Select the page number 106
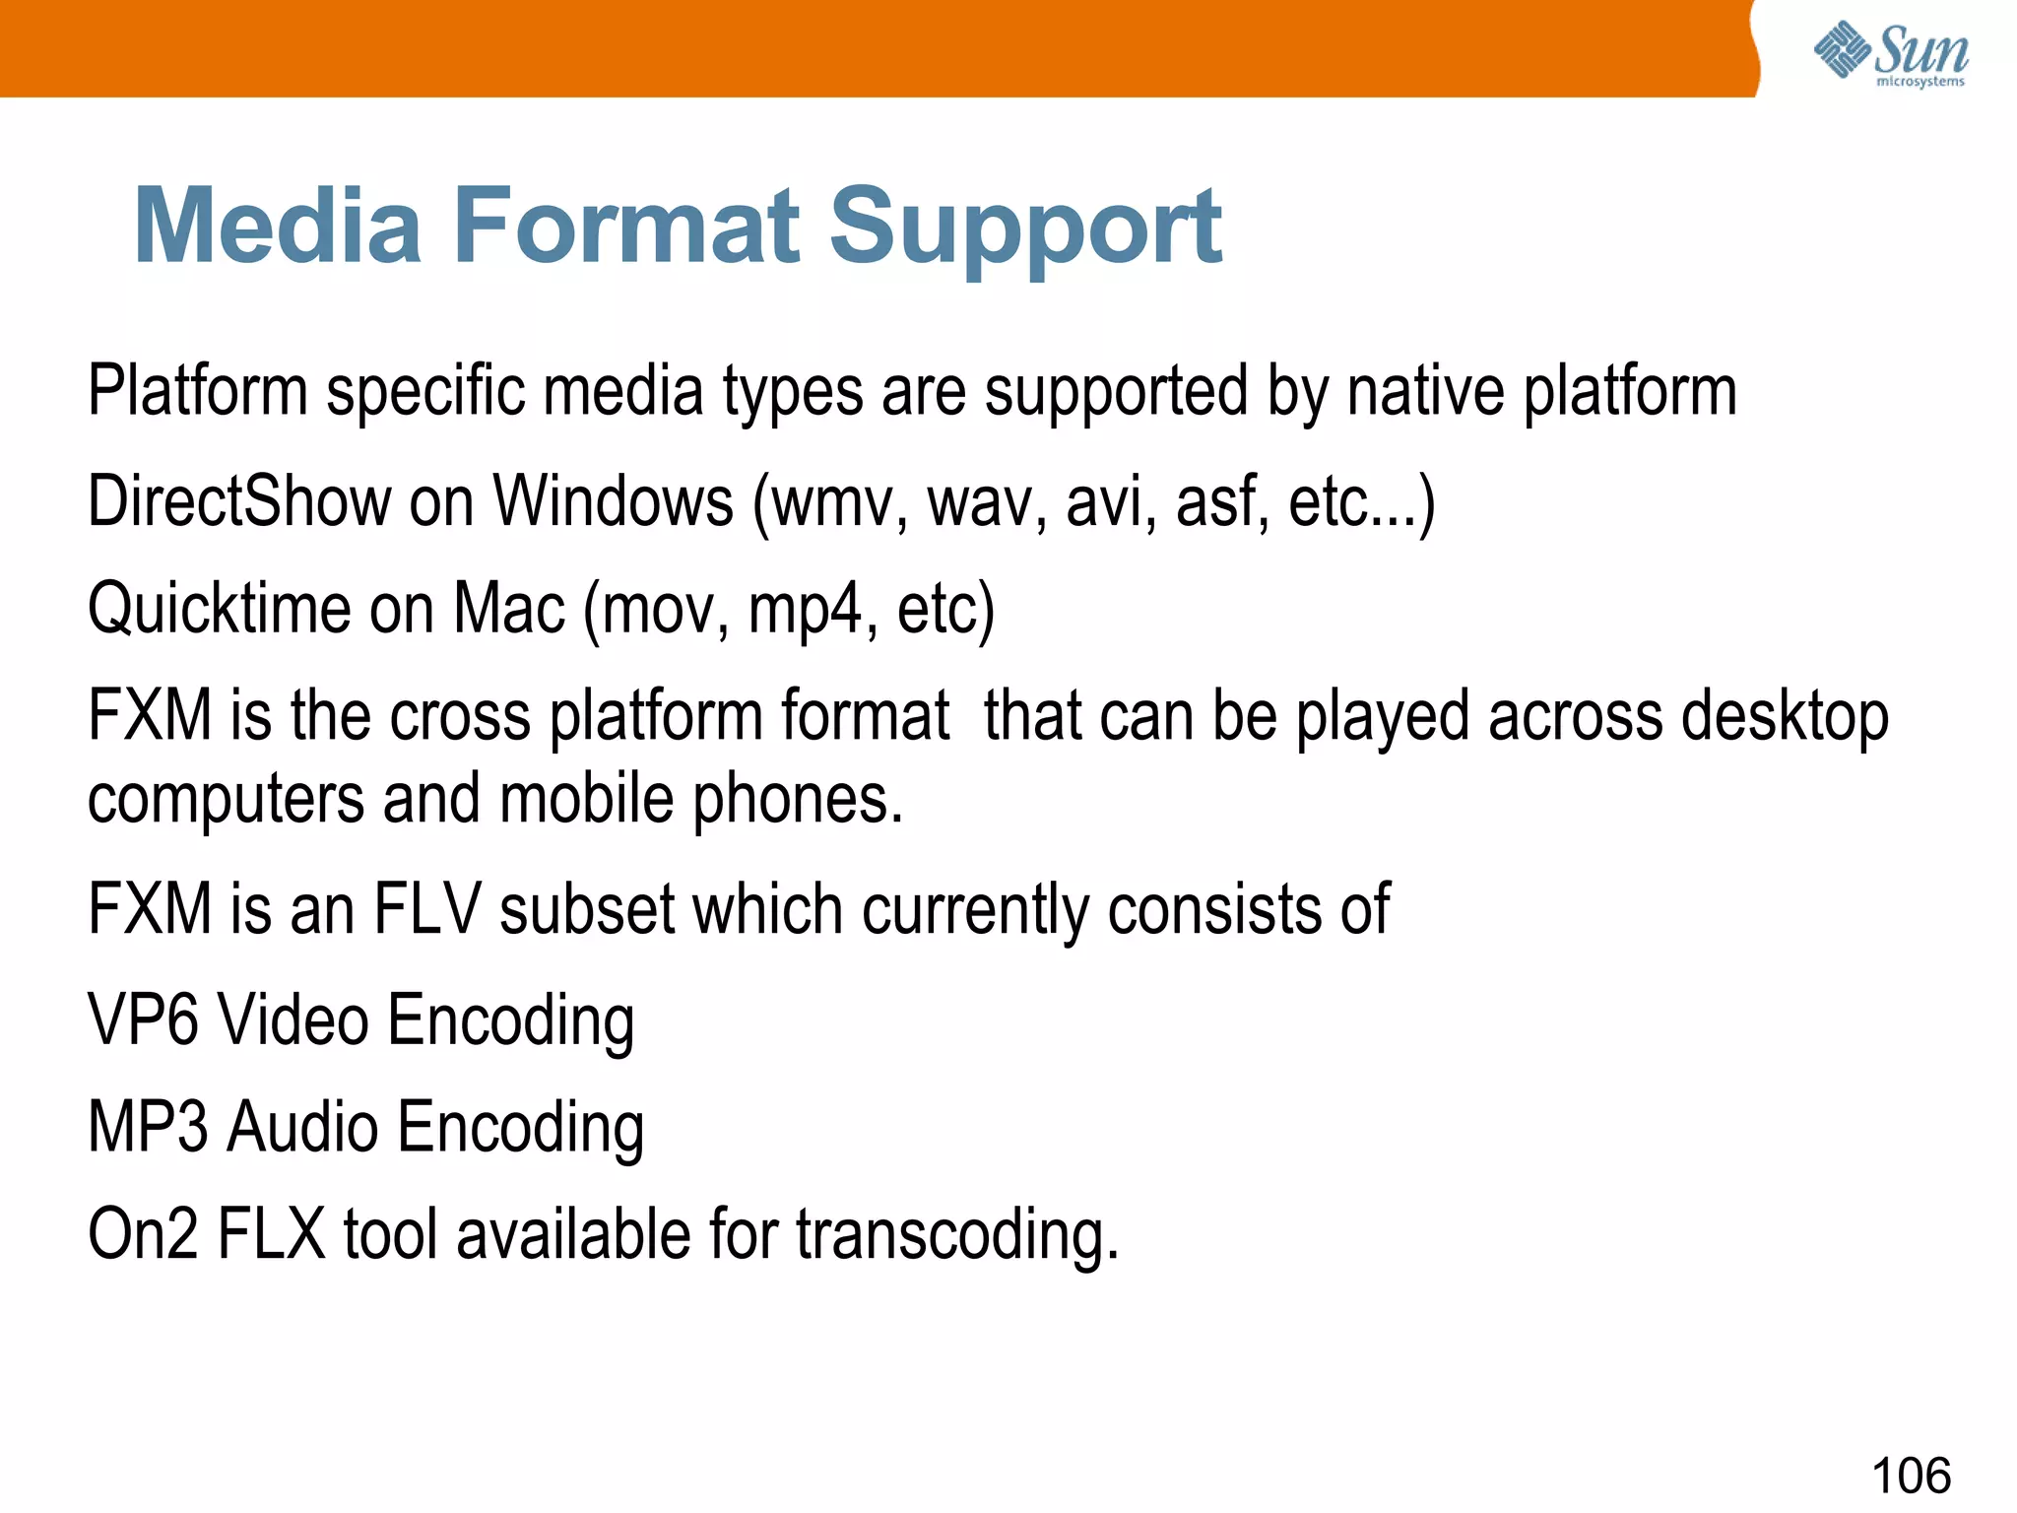[1910, 1476]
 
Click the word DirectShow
[239, 501]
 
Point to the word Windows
[613, 501]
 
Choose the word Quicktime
[219, 609]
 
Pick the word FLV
[425, 908]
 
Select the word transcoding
[956, 1235]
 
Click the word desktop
[1785, 717]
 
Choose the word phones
[797, 798]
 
